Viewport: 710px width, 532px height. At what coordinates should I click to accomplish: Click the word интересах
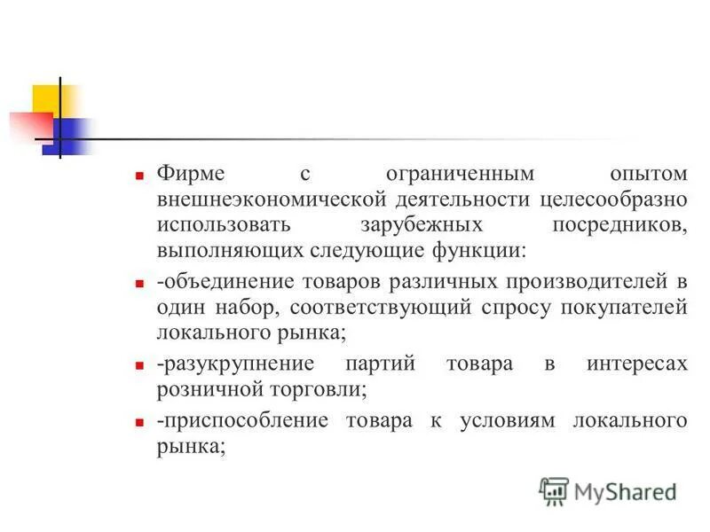(x=636, y=365)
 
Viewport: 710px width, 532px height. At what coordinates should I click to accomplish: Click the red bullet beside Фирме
(x=139, y=176)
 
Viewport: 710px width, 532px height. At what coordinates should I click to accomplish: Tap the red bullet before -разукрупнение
(x=139, y=367)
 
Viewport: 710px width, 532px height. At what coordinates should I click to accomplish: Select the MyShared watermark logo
(x=608, y=490)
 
